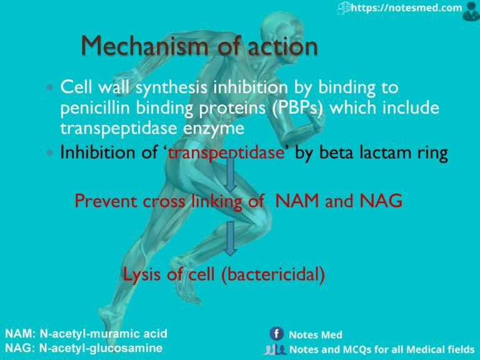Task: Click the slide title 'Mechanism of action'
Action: (199, 46)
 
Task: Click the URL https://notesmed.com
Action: (406, 8)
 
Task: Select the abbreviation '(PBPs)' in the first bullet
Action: (294, 107)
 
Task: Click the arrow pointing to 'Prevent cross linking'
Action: (231, 176)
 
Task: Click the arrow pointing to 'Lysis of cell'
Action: (231, 238)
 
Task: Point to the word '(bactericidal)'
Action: (272, 275)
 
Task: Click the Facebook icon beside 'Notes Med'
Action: (276, 334)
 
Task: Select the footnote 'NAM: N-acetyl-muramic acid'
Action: (86, 334)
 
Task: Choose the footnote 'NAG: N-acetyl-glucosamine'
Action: (84, 348)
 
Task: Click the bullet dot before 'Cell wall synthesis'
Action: (51, 88)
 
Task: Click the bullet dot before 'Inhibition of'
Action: (51, 154)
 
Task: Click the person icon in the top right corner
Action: (471, 9)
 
